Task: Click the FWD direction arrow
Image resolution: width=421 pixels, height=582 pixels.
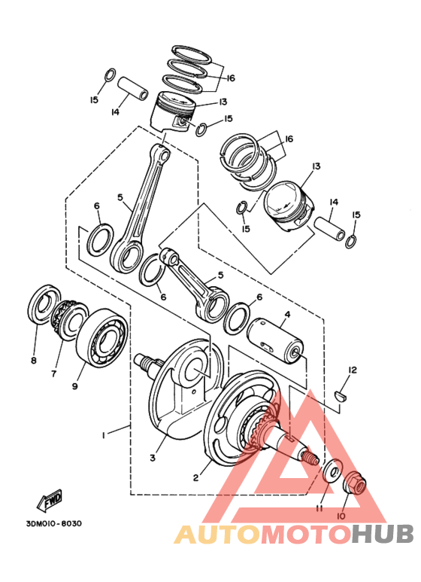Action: point(51,500)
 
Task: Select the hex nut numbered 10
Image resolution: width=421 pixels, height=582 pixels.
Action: point(356,483)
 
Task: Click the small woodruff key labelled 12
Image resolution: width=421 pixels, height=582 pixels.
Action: point(340,393)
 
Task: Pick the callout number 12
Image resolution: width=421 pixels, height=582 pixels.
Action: point(352,370)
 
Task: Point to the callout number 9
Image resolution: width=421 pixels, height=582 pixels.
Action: point(75,386)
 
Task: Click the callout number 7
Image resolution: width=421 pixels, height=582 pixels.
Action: point(53,373)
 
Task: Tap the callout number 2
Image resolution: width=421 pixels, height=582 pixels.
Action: point(196,477)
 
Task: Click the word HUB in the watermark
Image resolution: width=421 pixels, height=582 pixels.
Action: point(383,535)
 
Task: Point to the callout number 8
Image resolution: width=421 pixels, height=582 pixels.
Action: point(33,361)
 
